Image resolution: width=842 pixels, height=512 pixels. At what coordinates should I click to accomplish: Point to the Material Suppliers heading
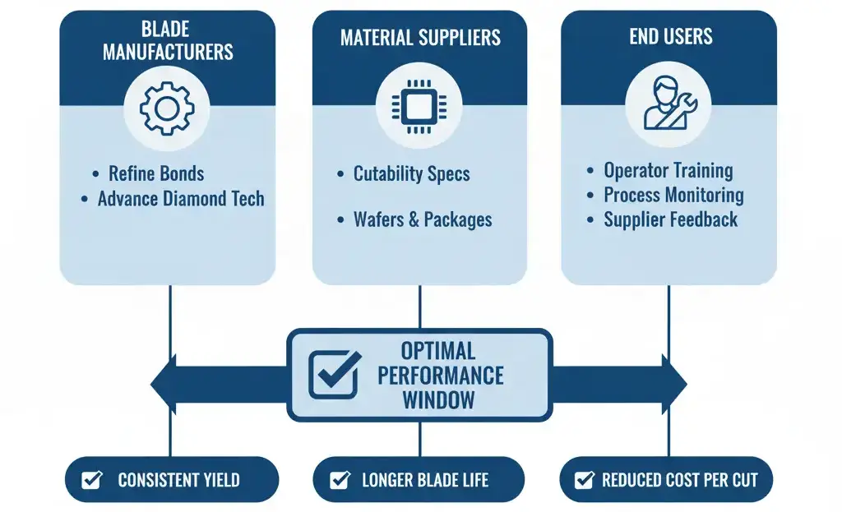coord(420,38)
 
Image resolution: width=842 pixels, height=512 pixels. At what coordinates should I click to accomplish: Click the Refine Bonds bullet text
coord(156,173)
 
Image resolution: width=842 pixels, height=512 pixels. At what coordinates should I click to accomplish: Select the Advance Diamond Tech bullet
coord(180,199)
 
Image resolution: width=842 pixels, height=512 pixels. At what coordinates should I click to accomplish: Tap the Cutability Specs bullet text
coord(411,174)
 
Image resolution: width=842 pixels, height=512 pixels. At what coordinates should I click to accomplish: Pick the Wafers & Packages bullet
coord(423,220)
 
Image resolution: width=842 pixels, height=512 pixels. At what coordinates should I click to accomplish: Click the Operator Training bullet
coord(668,171)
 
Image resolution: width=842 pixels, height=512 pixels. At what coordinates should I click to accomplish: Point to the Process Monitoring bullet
coord(673,196)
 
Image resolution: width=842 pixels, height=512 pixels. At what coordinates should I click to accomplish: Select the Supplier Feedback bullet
coord(670,219)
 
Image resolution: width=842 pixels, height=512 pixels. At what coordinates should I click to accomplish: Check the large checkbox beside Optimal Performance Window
coord(334,375)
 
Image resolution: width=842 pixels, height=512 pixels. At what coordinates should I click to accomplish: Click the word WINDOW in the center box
coord(438,400)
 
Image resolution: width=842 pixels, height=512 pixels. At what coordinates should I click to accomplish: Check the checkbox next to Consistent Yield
coord(92,480)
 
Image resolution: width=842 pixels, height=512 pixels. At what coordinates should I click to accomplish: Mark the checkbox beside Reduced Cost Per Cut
coord(585,480)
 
